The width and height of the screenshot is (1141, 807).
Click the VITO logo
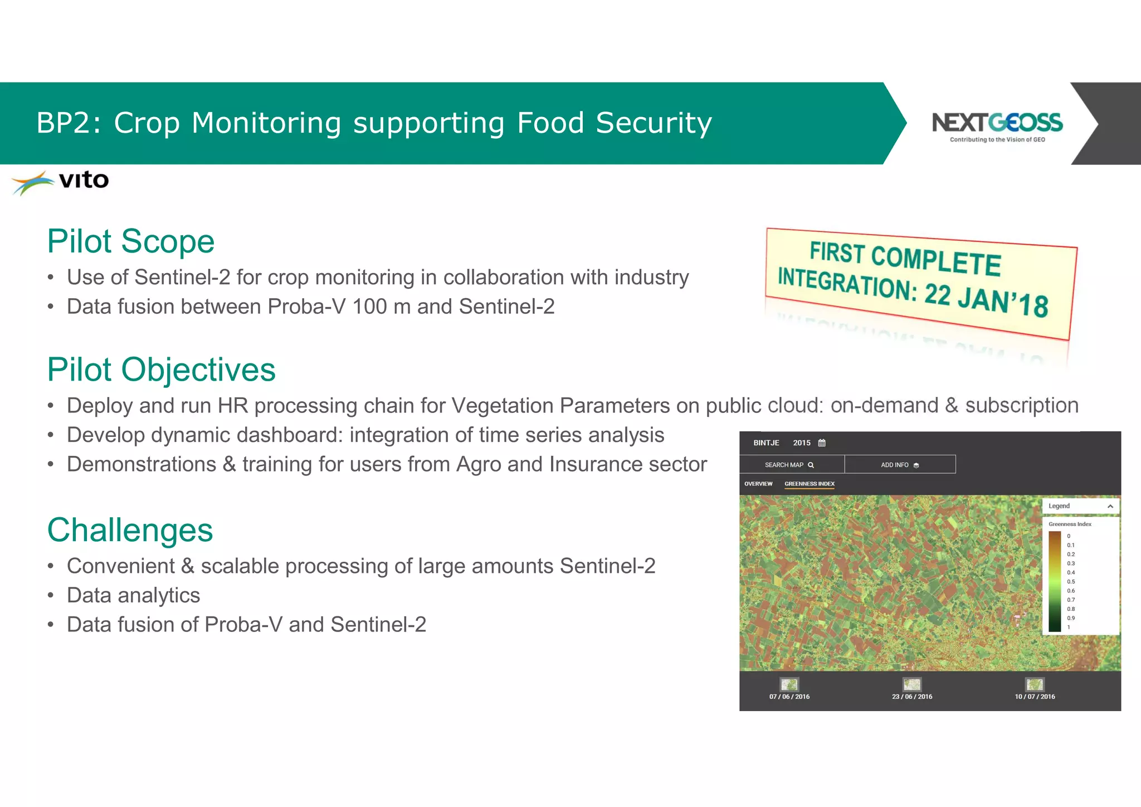pyautogui.click(x=60, y=182)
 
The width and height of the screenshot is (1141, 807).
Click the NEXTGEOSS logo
pyautogui.click(x=997, y=126)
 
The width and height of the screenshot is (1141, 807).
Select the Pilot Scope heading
pyautogui.click(x=131, y=241)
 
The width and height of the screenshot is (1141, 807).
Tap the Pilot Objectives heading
pyautogui.click(x=161, y=370)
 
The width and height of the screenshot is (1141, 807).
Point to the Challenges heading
pyautogui.click(x=130, y=530)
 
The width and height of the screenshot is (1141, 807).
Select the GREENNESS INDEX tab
pyautogui.click(x=809, y=484)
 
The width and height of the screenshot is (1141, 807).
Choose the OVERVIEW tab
pyautogui.click(x=758, y=484)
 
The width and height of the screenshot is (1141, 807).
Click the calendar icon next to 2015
pyautogui.click(x=822, y=443)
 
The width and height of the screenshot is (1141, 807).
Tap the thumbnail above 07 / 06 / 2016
pyautogui.click(x=789, y=684)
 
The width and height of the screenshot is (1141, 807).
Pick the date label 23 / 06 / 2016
pyautogui.click(x=911, y=697)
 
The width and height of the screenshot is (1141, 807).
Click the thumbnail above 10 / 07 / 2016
pyautogui.click(x=1035, y=684)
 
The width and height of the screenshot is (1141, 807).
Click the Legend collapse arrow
pyautogui.click(x=1110, y=506)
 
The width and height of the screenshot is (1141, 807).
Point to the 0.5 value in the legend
pyautogui.click(x=1071, y=581)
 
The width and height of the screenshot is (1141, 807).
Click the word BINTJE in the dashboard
pyautogui.click(x=766, y=443)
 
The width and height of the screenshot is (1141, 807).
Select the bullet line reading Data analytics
pyautogui.click(x=133, y=595)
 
